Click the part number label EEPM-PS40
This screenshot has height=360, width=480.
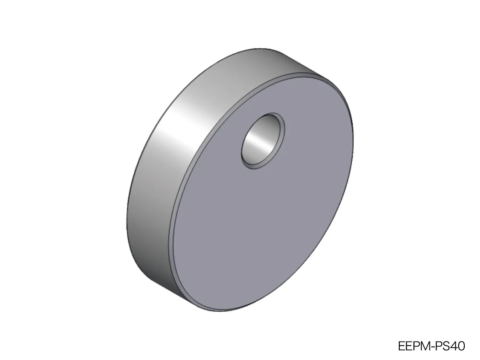tap(431, 346)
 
